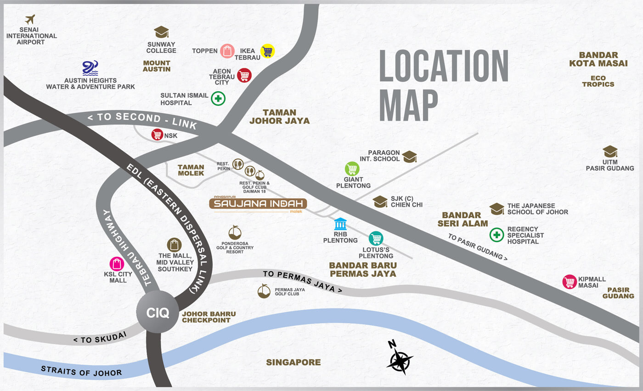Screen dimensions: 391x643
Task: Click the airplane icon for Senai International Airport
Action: pos(30,20)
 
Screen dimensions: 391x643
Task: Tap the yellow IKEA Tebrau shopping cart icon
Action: pos(267,51)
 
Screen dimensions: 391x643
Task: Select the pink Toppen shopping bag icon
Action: pos(227,51)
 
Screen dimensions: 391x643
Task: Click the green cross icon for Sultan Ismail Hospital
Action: pos(218,99)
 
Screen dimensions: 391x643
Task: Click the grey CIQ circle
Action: pos(158,313)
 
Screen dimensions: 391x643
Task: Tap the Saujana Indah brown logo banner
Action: pos(258,204)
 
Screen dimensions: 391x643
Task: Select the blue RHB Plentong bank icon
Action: pos(340,224)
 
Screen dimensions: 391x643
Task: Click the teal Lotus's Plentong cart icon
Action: pos(376,238)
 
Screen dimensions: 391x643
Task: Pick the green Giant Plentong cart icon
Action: pos(352,169)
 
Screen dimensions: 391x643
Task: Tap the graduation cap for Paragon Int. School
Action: pos(409,156)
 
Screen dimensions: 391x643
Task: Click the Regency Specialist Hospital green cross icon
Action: pos(496,235)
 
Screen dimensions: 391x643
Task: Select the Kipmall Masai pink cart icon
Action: pos(570,282)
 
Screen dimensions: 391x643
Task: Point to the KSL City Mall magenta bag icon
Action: pos(117,264)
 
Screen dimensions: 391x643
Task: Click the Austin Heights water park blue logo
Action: pos(90,68)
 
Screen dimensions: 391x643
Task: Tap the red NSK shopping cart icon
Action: pos(157,134)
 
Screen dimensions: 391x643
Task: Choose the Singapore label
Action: pos(293,363)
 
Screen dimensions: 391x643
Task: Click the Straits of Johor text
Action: pos(81,371)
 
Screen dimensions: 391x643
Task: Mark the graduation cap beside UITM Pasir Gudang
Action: pos(610,151)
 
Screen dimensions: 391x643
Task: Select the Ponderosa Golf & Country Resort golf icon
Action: pos(235,232)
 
